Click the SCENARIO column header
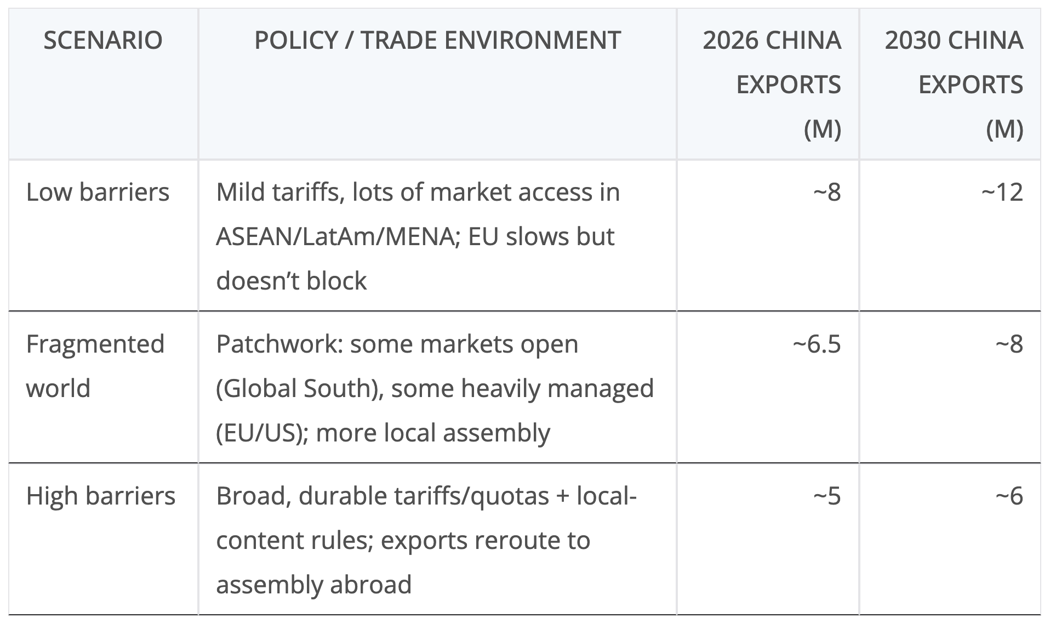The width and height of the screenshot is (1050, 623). (x=103, y=41)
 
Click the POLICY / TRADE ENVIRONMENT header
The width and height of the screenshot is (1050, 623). (x=437, y=41)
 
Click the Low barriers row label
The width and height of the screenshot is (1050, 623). (x=98, y=192)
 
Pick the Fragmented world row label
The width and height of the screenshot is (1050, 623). (x=95, y=366)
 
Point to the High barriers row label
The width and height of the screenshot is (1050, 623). (x=101, y=496)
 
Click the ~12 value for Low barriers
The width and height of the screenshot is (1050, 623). (x=1002, y=192)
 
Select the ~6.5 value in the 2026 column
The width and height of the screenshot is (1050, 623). (x=817, y=344)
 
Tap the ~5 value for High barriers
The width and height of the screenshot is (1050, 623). (x=827, y=496)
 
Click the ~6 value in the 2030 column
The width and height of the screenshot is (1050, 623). (x=1009, y=496)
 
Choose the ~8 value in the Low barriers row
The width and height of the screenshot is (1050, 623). (x=827, y=192)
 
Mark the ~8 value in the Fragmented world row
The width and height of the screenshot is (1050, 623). (x=1009, y=344)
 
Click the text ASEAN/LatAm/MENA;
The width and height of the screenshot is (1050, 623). (x=338, y=237)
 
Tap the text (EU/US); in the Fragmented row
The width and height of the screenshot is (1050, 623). (x=262, y=433)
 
